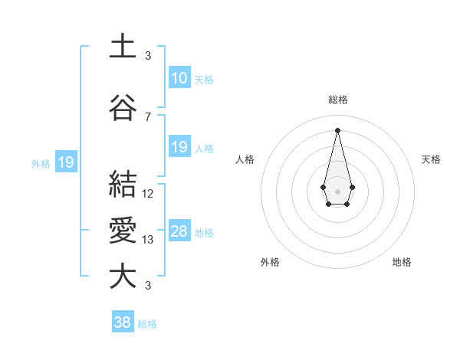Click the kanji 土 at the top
(x=123, y=47)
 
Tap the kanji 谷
(x=123, y=108)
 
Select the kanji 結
(x=123, y=185)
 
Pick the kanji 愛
(x=123, y=231)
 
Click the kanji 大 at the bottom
(x=123, y=277)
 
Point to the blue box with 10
(x=179, y=77)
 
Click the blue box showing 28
(x=179, y=231)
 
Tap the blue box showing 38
(x=122, y=322)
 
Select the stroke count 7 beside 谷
(x=148, y=116)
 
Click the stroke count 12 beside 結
(x=148, y=193)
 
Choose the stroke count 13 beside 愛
(x=148, y=240)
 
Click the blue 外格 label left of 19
(x=41, y=163)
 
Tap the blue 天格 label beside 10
(x=204, y=79)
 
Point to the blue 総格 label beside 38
(x=147, y=324)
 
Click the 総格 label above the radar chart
(x=338, y=100)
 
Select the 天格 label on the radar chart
(x=431, y=159)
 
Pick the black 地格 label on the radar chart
(x=402, y=262)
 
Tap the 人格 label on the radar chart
(x=245, y=159)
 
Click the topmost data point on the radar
(x=337, y=129)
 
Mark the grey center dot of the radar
(x=337, y=190)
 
